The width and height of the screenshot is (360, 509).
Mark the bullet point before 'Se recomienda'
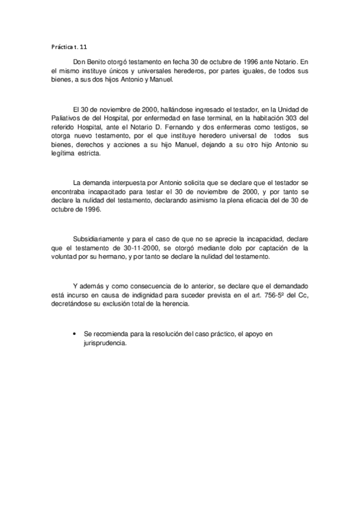pos(73,333)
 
